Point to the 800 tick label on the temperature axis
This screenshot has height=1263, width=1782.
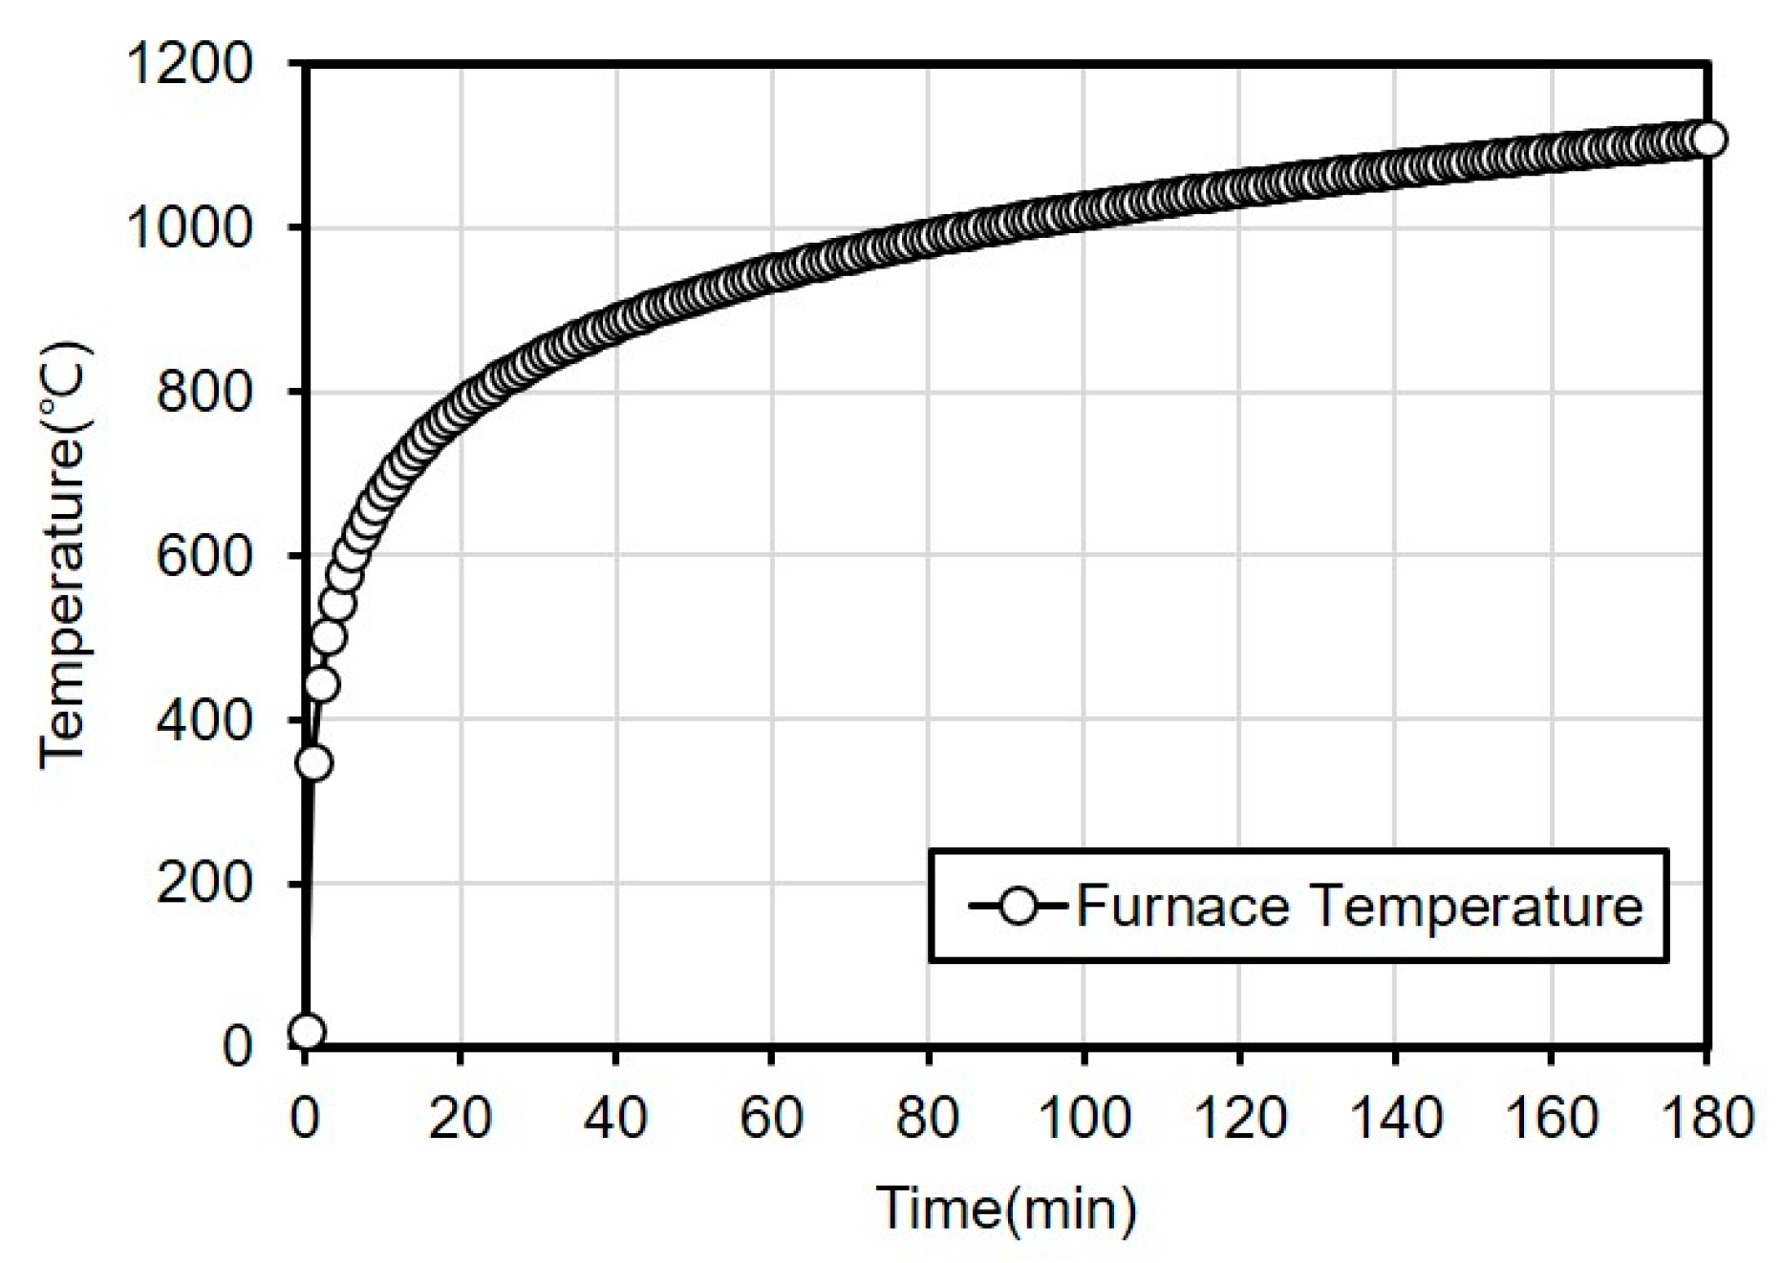[203, 392]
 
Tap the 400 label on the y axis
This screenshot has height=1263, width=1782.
[203, 719]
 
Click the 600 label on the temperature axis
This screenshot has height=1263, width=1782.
[203, 556]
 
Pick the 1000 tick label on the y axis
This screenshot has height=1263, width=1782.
[188, 228]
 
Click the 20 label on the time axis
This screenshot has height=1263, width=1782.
[460, 1116]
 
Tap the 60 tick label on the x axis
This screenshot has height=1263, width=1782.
[771, 1116]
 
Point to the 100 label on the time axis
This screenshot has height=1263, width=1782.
[1084, 1116]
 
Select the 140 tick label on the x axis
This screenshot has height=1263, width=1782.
[1395, 1116]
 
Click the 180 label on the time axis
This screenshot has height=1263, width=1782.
[1707, 1116]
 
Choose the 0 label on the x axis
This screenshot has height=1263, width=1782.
[305, 1116]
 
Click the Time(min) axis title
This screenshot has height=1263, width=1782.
[1006, 1209]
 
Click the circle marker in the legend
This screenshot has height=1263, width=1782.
[1019, 906]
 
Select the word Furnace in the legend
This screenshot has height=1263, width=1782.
[1183, 906]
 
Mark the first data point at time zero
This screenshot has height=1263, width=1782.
[307, 1032]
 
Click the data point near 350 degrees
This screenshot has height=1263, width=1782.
[313, 762]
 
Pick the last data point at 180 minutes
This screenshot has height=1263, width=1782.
[1707, 139]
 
